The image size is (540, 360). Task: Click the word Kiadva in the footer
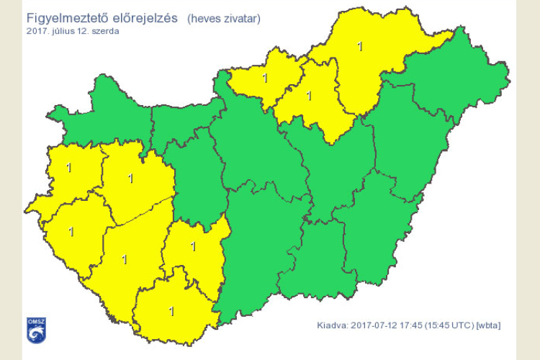pos(332,325)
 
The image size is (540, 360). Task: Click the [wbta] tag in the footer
pos(489,325)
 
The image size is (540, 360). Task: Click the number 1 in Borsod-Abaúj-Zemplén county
pos(360,47)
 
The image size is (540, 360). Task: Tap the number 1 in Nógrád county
pos(266,78)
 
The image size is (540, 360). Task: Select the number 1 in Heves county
pos(310,95)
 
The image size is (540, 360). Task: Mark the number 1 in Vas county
pos(69,168)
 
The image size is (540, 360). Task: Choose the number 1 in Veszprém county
pos(130,177)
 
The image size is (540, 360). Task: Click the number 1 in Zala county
pos(71,232)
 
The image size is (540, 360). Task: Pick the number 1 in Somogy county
pos(125,259)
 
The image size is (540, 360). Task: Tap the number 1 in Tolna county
pos(193,246)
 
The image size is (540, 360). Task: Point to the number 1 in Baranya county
pos(171,311)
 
